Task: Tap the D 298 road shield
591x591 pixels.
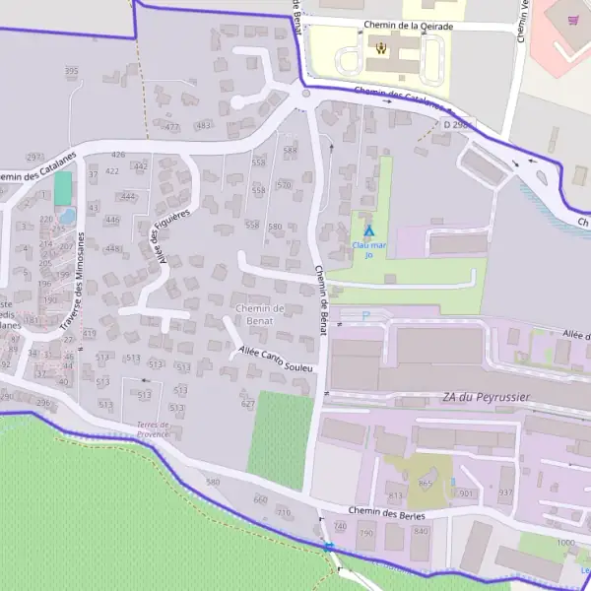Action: click(x=456, y=125)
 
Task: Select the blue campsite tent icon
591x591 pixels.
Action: click(x=369, y=231)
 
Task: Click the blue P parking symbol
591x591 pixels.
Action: click(x=365, y=316)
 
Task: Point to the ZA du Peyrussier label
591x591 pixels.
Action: click(x=488, y=398)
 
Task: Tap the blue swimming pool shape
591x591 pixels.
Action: click(x=66, y=216)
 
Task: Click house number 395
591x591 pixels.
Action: click(x=71, y=71)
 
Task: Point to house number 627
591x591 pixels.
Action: click(x=247, y=404)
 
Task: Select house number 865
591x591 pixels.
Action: click(x=426, y=483)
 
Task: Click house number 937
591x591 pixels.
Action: click(x=506, y=492)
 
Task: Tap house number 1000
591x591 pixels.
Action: click(x=565, y=543)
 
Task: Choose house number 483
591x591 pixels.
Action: click(x=204, y=125)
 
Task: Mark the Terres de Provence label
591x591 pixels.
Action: click(x=154, y=428)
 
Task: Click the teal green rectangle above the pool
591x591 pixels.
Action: click(x=63, y=188)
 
